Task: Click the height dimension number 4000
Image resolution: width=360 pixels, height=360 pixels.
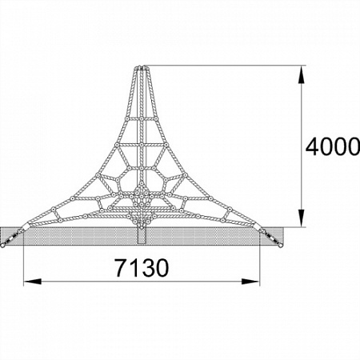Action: coord(333,146)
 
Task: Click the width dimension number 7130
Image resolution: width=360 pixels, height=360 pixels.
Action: coord(142,267)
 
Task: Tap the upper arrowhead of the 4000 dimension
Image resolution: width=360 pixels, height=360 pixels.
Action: coord(301,74)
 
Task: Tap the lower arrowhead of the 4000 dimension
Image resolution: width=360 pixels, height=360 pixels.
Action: coord(301,218)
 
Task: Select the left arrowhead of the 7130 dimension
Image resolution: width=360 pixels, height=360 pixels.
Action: coord(32,282)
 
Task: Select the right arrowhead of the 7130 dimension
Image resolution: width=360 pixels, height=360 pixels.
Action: coord(250,282)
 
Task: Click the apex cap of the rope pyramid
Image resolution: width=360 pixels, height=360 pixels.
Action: coord(142,68)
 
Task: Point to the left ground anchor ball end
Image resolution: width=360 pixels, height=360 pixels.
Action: coord(2,246)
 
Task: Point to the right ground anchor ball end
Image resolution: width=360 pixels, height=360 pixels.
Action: coord(281,246)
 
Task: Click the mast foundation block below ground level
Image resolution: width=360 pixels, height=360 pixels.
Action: coord(142,236)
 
